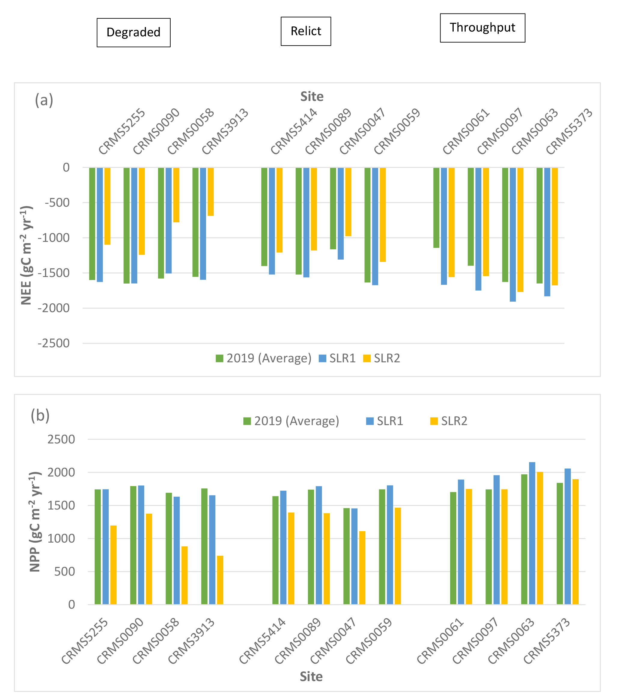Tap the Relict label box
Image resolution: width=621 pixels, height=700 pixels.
click(306, 31)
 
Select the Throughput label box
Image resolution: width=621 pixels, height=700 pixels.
click(482, 27)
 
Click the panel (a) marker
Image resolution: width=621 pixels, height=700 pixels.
click(44, 101)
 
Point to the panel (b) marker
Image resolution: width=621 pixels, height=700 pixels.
click(40, 415)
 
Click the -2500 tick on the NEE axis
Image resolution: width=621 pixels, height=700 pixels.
click(54, 343)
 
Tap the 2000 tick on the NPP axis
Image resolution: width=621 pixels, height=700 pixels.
click(61, 472)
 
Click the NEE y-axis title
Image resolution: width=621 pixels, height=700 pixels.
click(26, 255)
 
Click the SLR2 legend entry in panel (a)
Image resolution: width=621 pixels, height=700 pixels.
click(382, 358)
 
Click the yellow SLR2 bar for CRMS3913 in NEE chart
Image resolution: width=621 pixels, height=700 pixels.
click(211, 192)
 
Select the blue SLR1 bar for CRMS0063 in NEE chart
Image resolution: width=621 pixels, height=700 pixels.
click(513, 235)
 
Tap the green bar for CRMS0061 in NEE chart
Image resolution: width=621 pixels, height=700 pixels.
click(436, 208)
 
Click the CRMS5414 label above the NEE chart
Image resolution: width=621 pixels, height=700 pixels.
click(294, 132)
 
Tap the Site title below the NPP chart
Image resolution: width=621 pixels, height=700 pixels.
click(311, 676)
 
